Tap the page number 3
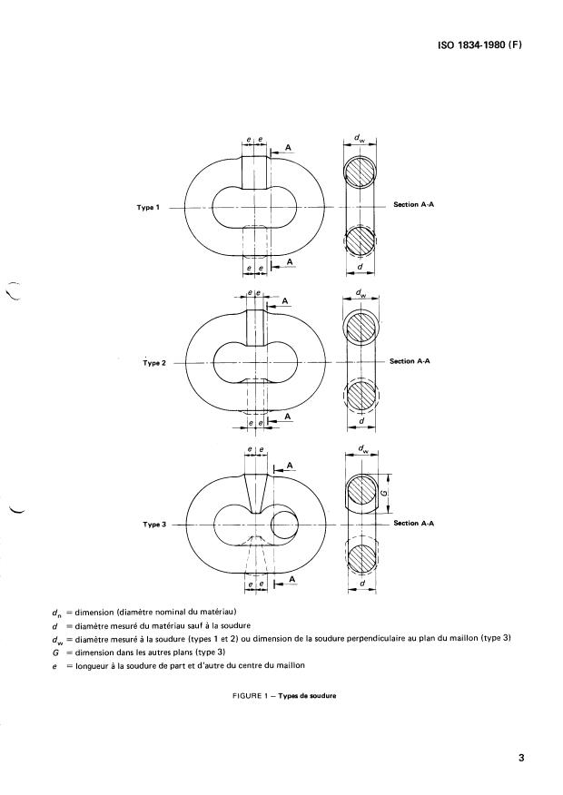pyautogui.click(x=521, y=758)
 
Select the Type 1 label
pyautogui.click(x=147, y=208)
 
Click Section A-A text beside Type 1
pyautogui.click(x=413, y=205)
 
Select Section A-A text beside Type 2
pyautogui.click(x=409, y=361)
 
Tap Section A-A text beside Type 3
pyautogui.click(x=413, y=524)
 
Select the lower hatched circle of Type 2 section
pyautogui.click(x=361, y=395)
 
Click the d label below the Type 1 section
pyautogui.click(x=361, y=267)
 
